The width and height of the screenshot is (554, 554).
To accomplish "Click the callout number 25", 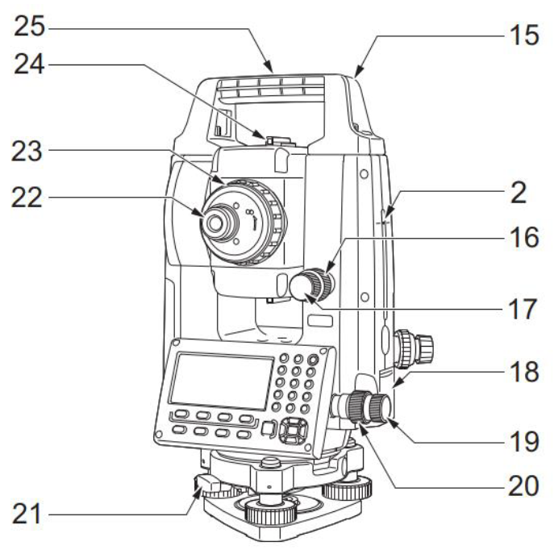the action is click(30, 27).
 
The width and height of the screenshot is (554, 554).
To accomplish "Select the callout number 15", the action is click(524, 35).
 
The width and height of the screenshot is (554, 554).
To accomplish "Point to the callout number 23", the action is click(27, 151).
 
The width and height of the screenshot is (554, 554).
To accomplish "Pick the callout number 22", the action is click(27, 197).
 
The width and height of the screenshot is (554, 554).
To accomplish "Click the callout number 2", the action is click(519, 193).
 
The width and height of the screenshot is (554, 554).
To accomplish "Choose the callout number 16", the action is click(524, 237).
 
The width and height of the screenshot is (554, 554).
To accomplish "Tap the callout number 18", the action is click(524, 371).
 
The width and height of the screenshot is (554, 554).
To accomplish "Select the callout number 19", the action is click(524, 442).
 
